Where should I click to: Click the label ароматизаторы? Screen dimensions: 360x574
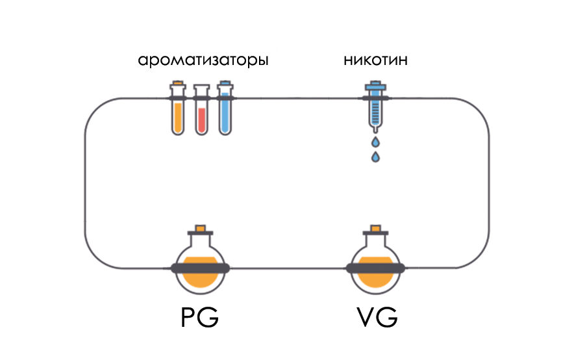coord(203,62)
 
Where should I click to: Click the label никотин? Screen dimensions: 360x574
coord(375,61)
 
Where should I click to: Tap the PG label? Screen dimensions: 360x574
coord(199,318)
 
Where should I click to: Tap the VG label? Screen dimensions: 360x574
coord(377,318)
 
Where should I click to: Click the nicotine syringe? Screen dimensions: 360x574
coord(375,107)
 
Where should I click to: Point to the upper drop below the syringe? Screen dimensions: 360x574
coord(375,142)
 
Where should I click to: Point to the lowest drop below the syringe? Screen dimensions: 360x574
coord(375,157)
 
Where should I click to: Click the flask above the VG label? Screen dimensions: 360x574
coord(375,266)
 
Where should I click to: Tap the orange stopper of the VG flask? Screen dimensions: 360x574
coord(375,229)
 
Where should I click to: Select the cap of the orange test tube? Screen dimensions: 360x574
coord(177,84)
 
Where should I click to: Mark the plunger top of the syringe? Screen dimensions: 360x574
coord(375,85)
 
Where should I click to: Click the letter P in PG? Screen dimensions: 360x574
coord(188,318)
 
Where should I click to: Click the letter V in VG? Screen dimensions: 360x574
coord(365,318)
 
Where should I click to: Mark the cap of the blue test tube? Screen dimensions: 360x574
coord(225,84)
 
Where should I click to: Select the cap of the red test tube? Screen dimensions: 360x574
coord(201,88)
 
